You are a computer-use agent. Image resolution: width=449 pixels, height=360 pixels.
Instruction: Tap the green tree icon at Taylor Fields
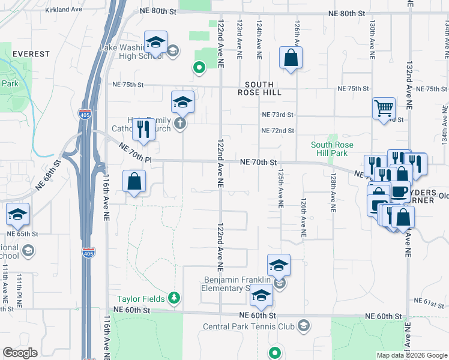pos(174,297)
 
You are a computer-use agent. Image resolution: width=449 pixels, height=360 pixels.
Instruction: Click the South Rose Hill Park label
pos(332,149)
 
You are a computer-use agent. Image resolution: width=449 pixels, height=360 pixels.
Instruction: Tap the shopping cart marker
pos(384,109)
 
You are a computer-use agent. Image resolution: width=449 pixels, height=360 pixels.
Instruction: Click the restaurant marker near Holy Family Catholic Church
pos(143,128)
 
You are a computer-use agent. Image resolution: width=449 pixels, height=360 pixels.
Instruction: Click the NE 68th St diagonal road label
pos(48,175)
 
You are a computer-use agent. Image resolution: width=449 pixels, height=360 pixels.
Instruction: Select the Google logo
pos(20,353)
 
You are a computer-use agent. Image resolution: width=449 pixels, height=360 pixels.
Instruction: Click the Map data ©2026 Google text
pos(411,355)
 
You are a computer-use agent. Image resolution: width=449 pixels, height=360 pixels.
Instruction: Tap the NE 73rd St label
pos(277,115)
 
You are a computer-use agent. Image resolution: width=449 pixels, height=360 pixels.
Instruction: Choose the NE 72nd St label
pos(277,130)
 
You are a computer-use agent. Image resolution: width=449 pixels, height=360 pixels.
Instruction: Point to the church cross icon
pos(179,124)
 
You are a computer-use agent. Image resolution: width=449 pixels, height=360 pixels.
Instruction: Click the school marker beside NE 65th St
pos(18,214)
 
